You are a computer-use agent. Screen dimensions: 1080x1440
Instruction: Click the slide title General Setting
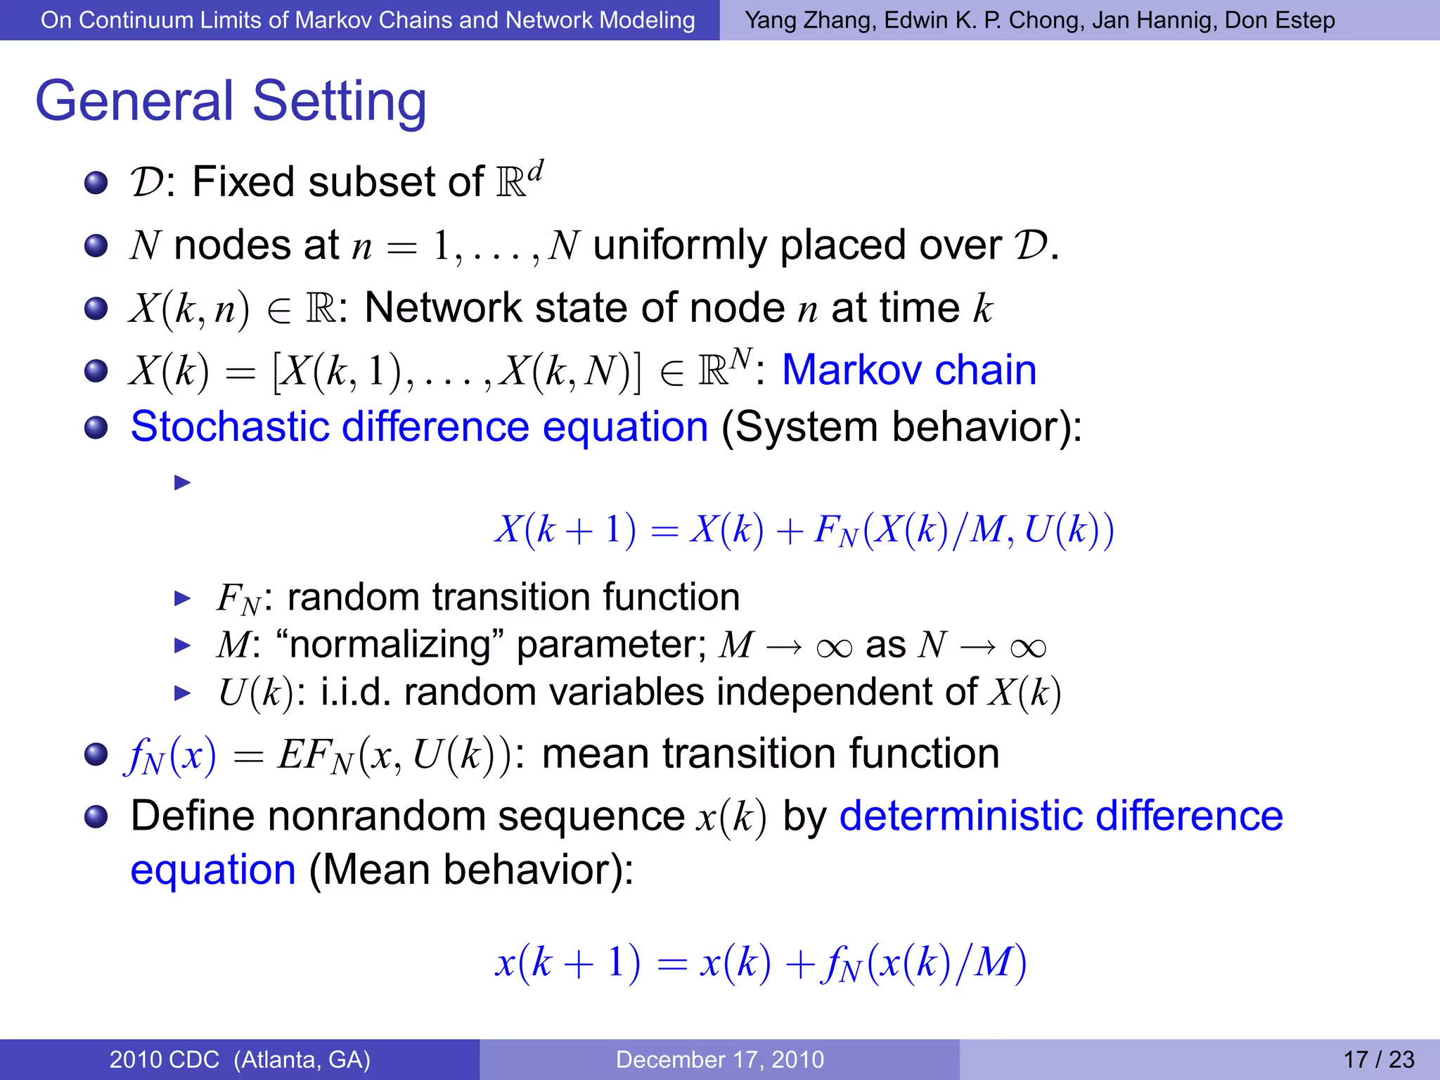tap(231, 101)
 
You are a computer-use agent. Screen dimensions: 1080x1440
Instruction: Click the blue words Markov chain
tap(908, 370)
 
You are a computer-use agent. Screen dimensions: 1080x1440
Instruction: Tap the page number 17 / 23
tap(1378, 1059)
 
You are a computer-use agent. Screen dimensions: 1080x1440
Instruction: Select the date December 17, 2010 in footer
tap(719, 1059)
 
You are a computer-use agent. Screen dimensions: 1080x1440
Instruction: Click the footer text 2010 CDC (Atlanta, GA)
tap(240, 1059)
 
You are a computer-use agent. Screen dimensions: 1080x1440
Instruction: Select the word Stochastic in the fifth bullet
tap(229, 426)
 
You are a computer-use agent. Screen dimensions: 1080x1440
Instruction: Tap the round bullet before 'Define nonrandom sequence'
tap(96, 816)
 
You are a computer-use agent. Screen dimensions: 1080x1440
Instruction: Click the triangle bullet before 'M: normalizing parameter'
tap(182, 645)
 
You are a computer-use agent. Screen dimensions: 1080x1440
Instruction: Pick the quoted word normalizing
tap(391, 644)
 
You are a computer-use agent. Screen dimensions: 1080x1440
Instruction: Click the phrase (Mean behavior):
tap(471, 870)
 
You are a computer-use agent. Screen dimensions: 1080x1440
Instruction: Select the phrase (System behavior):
tap(901, 426)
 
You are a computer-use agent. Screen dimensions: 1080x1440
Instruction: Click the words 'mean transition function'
tap(770, 753)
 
